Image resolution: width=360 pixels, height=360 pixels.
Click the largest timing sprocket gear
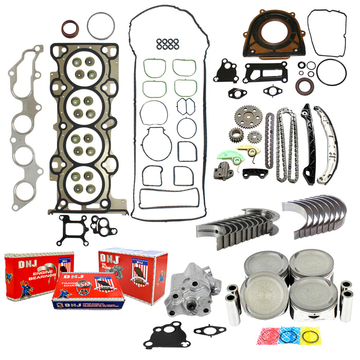click(248, 116)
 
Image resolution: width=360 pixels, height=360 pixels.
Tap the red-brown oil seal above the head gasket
click(70, 29)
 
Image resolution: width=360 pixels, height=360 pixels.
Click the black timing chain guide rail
click(308, 145)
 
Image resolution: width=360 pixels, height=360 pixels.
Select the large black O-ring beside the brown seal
click(331, 71)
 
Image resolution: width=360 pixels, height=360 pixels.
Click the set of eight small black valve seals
click(168, 44)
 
